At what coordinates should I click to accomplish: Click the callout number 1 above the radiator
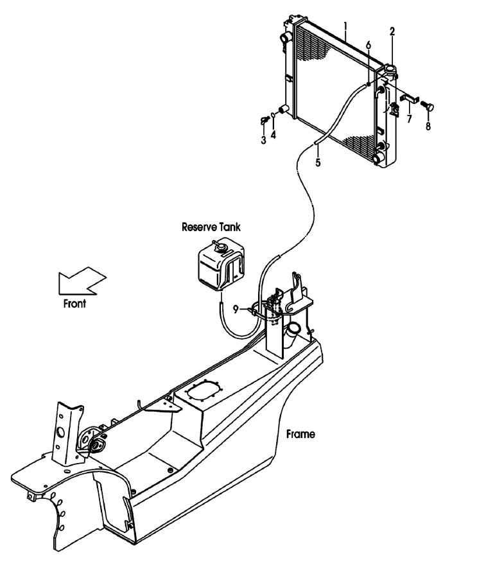coord(345,26)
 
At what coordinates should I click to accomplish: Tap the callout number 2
coord(392,31)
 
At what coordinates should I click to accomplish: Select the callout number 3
coord(263,140)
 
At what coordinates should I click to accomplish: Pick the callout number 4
coord(273,135)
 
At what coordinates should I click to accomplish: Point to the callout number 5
coord(318,162)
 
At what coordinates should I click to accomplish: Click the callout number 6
coord(369,45)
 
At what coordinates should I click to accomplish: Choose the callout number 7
coord(409,119)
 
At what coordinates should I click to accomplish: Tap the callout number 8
coord(428,127)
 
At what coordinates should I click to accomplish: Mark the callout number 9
coord(236,310)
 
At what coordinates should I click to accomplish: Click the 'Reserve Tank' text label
coord(211,227)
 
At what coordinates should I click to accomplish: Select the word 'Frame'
coord(300,434)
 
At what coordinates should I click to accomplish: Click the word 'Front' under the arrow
coord(74,303)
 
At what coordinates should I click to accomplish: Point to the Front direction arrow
coord(82,281)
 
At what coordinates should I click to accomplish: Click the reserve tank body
coord(220,265)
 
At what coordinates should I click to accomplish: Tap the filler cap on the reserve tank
coord(220,247)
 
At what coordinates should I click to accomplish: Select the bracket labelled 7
coord(409,98)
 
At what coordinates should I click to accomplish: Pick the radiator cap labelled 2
coord(390,69)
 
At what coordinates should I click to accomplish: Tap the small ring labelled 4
coord(273,115)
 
